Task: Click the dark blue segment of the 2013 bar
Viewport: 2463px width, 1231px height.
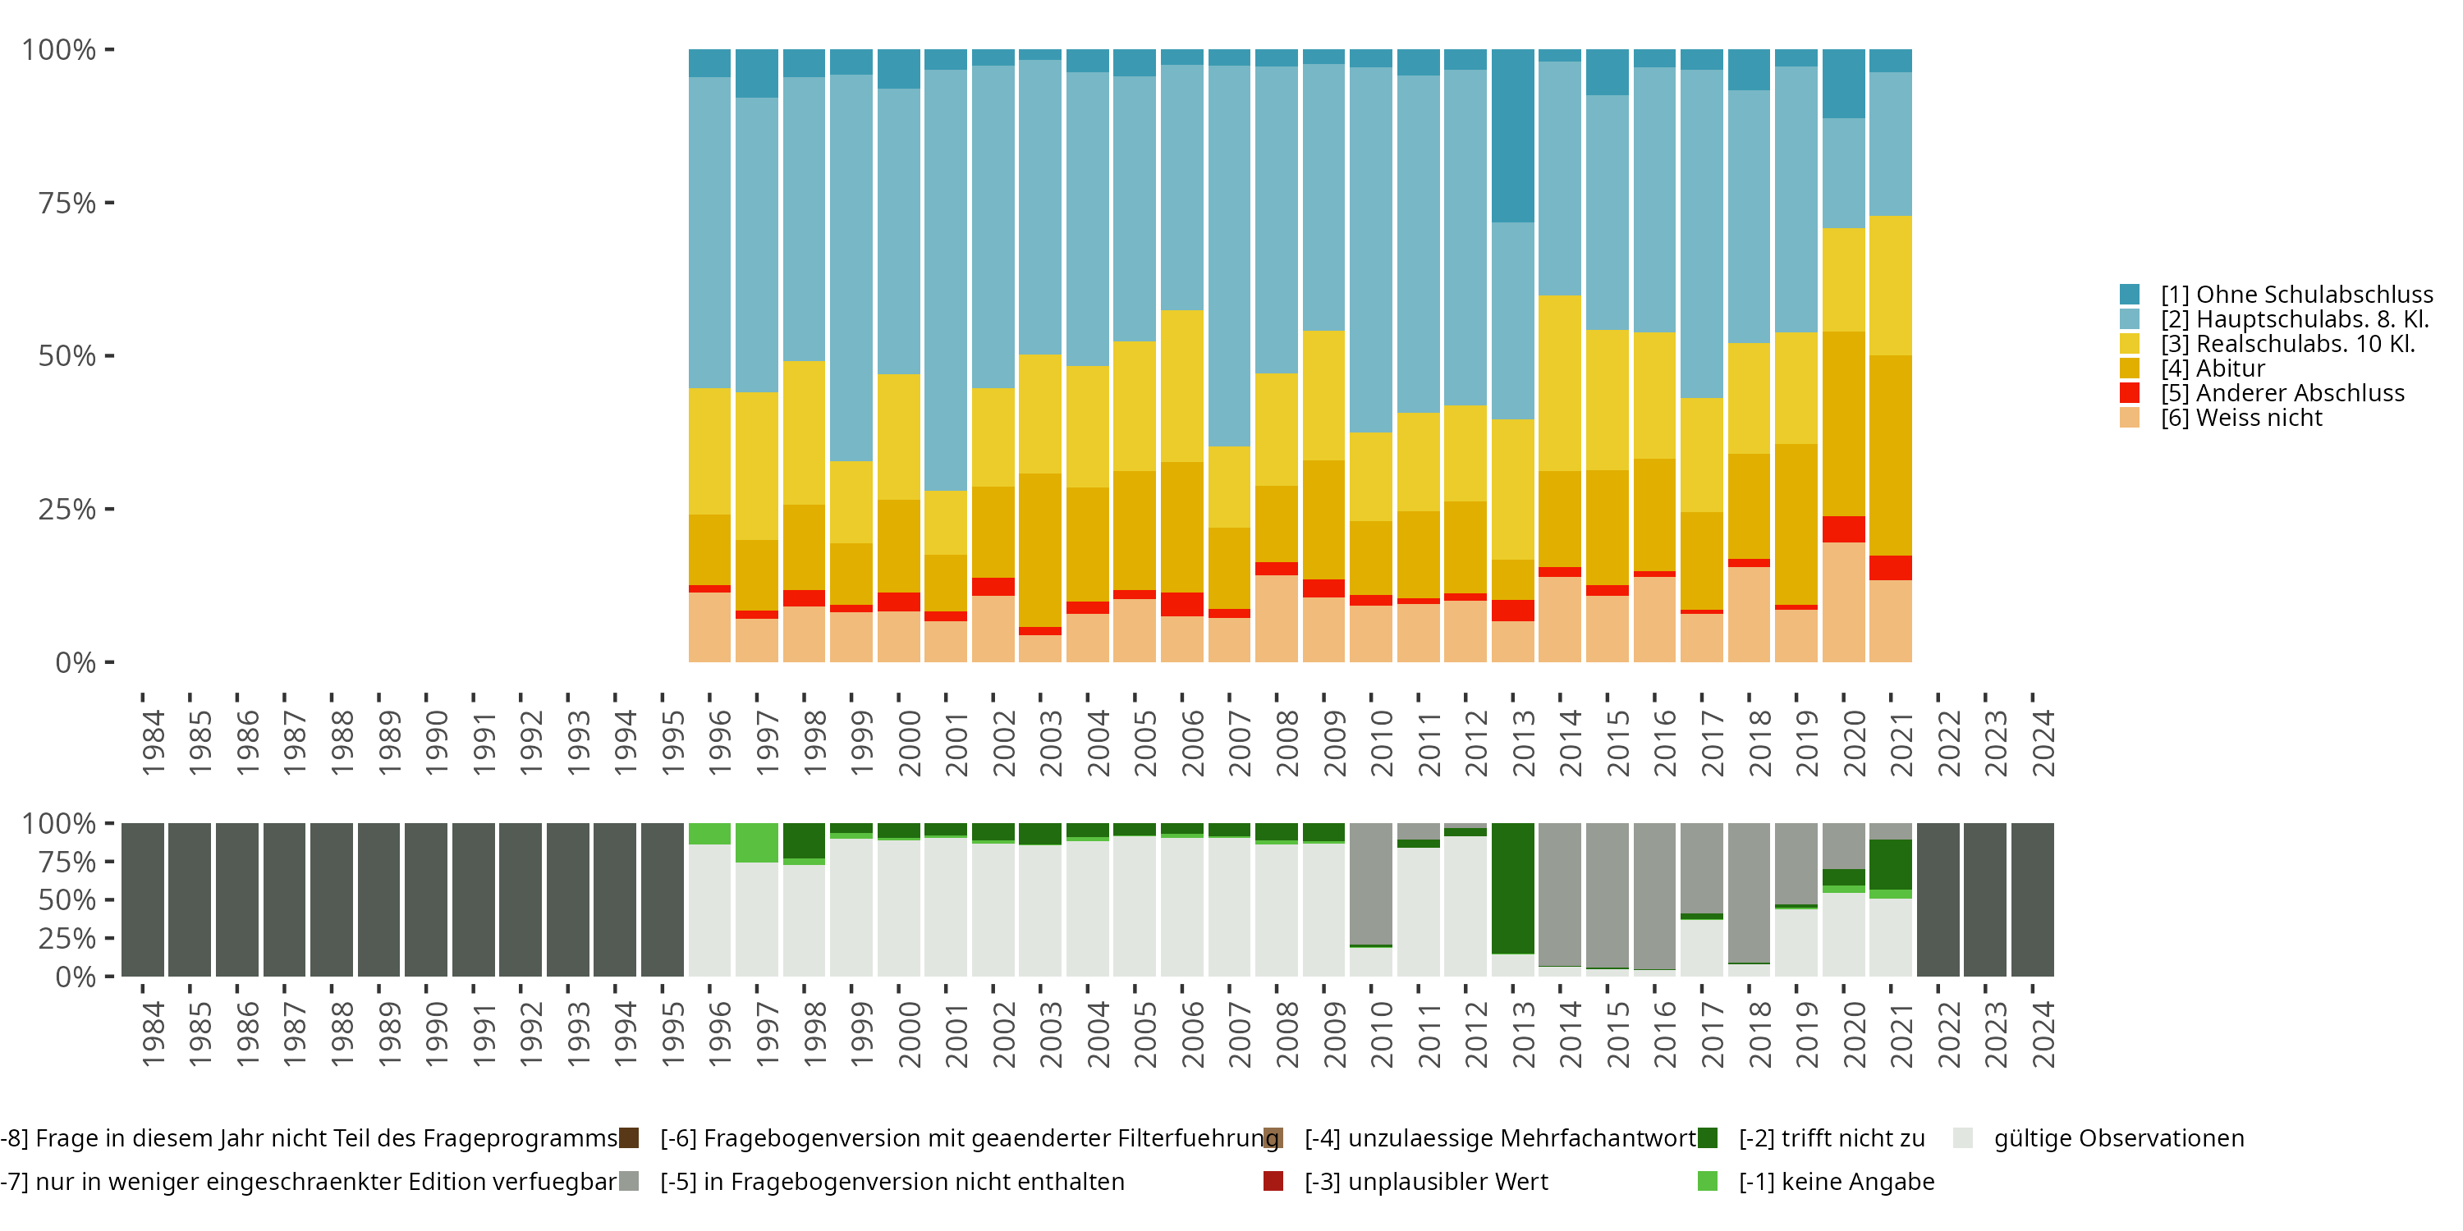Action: click(1512, 135)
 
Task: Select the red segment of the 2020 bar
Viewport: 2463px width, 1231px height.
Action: click(1843, 529)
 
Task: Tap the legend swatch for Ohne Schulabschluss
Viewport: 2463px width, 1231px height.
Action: click(2130, 295)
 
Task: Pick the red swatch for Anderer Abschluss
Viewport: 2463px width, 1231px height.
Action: click(2130, 393)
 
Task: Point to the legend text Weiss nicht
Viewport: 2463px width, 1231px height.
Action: click(2241, 418)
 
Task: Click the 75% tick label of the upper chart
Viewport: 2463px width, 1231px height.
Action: click(67, 203)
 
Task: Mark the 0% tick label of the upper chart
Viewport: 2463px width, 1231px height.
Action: click(76, 662)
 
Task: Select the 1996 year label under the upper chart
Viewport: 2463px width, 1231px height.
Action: click(720, 743)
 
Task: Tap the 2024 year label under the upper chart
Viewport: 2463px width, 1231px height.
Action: click(2043, 743)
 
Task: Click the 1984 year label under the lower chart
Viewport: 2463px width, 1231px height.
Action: click(153, 1034)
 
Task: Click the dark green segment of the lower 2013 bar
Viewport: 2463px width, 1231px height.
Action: click(1512, 888)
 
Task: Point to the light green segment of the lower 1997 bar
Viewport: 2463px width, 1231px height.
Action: click(756, 843)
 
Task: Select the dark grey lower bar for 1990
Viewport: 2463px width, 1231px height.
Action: click(425, 899)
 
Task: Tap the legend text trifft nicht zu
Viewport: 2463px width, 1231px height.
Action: click(1831, 1138)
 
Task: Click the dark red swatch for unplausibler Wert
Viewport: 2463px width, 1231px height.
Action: click(1273, 1181)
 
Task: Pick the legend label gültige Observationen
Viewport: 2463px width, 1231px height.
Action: click(2118, 1138)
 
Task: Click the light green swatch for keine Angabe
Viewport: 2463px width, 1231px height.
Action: click(1707, 1181)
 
